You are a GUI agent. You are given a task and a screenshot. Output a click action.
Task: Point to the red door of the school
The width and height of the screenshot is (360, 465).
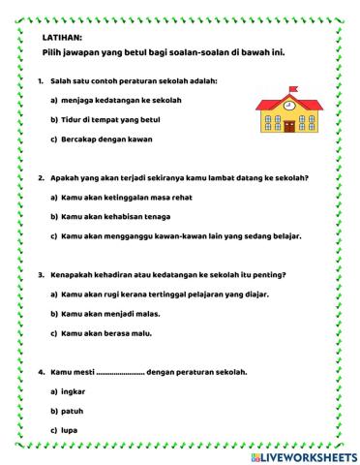288,128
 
